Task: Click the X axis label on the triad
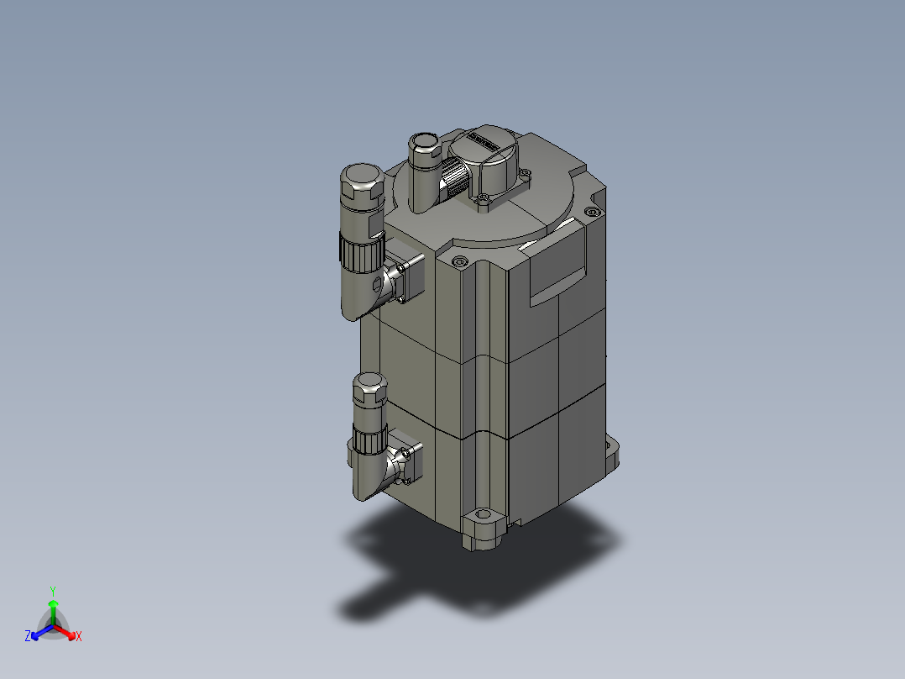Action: (79, 637)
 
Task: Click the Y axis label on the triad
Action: (53, 590)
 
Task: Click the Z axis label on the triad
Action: (28, 636)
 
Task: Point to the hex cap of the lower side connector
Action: (369, 388)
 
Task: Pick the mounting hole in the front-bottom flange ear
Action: (482, 515)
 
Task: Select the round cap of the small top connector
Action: (424, 141)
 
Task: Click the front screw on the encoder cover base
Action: (483, 200)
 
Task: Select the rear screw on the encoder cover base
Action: (526, 175)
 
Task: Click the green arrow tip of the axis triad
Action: (53, 603)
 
